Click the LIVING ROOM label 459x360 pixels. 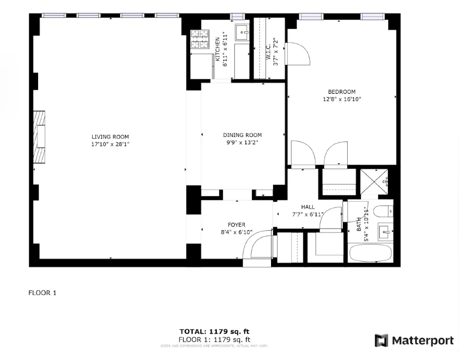click(110, 137)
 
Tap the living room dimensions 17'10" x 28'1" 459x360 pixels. click(110, 144)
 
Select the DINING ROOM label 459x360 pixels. click(242, 135)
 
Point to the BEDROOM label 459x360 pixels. click(342, 92)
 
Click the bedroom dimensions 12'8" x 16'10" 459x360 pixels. click(342, 99)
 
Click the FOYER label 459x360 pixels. click(236, 225)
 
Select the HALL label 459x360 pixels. click(308, 207)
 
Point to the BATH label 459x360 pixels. click(359, 226)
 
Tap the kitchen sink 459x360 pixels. click(242, 32)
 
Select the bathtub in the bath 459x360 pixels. click(370, 254)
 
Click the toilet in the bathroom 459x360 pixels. click(384, 212)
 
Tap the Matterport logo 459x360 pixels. click(414, 341)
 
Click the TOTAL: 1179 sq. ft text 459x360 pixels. click(214, 331)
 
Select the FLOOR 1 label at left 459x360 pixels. click(43, 293)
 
